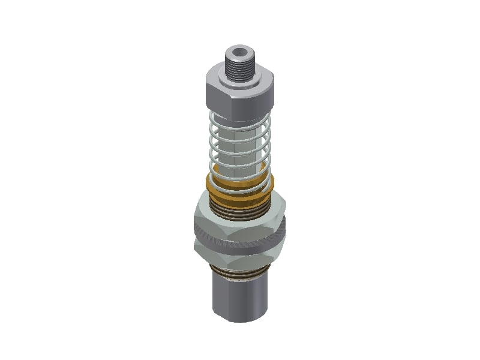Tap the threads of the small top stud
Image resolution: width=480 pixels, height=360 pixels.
click(239, 65)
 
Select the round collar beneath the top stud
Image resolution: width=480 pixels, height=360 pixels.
click(239, 78)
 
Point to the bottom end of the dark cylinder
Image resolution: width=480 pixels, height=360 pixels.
click(239, 318)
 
